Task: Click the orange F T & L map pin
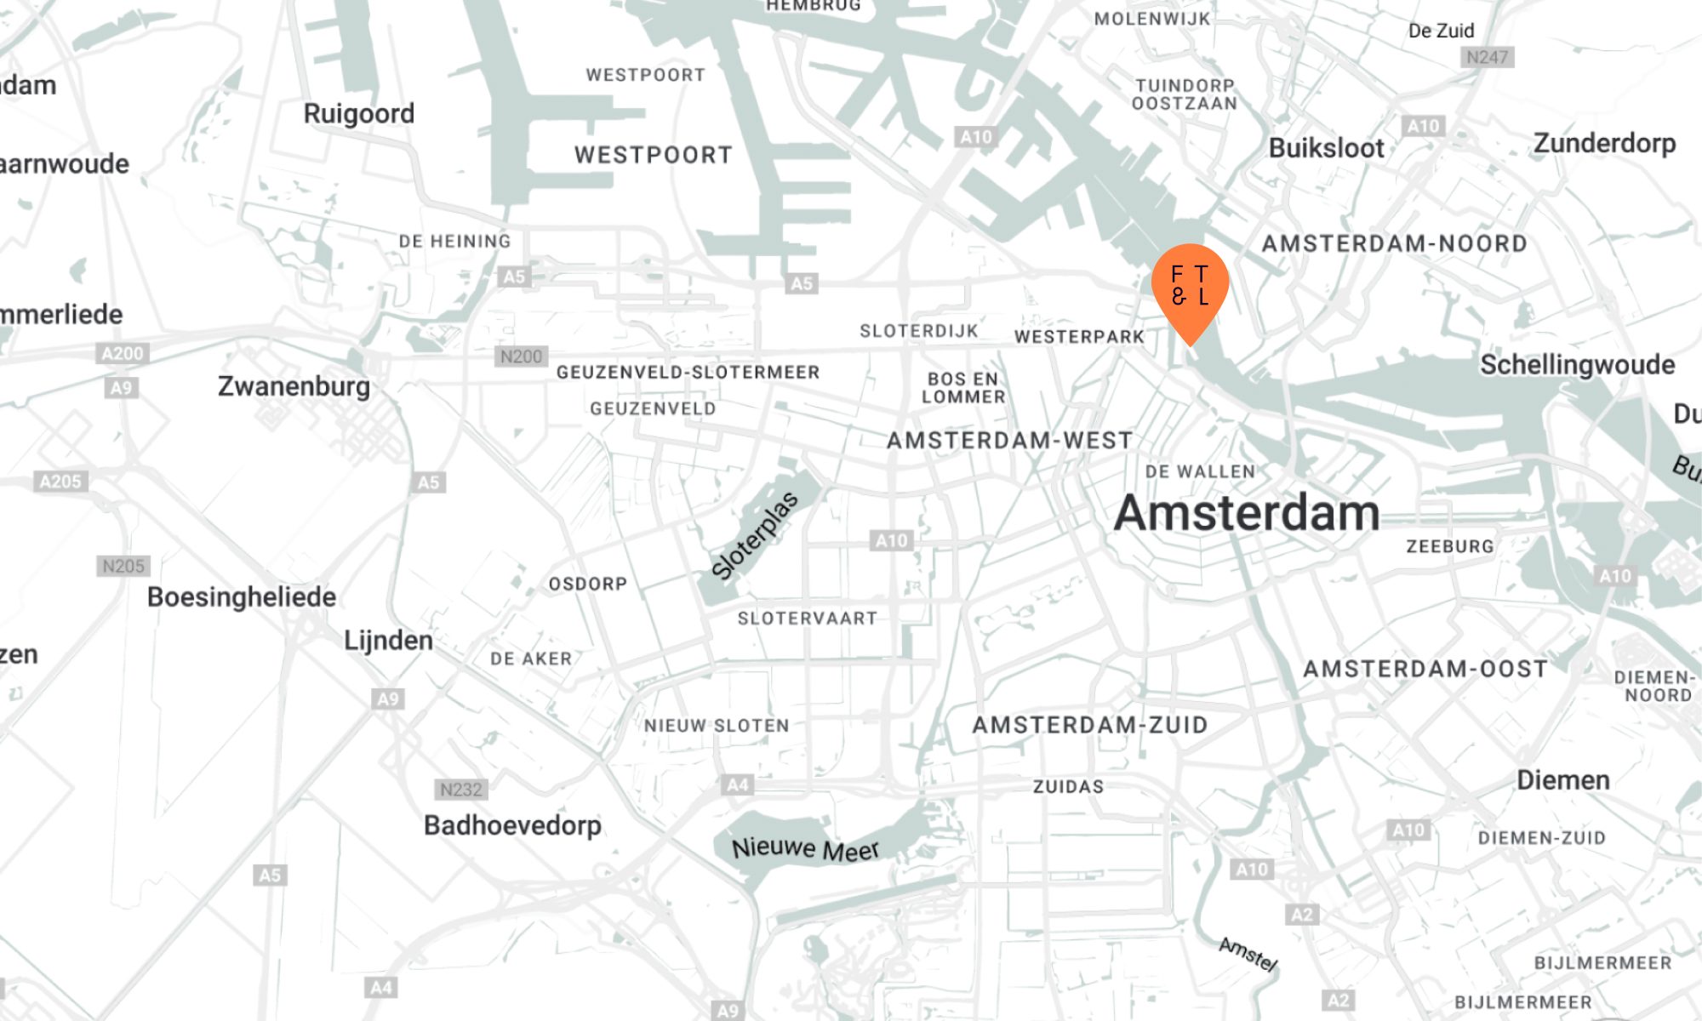(x=1190, y=287)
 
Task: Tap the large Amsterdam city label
(x=1246, y=513)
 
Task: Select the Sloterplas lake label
(x=755, y=536)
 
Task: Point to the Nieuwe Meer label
(x=805, y=848)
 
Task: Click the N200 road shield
(x=521, y=356)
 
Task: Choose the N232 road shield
(x=460, y=790)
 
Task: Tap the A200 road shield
(x=123, y=353)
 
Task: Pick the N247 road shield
(x=1487, y=57)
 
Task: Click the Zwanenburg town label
(x=294, y=386)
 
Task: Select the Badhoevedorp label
(x=512, y=825)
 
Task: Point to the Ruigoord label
(x=358, y=113)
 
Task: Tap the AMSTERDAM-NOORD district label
(x=1394, y=244)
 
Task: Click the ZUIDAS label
(x=1068, y=787)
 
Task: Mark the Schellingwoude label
(x=1577, y=365)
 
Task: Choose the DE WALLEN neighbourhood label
(x=1200, y=471)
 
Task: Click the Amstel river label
(x=1248, y=954)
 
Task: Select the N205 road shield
(x=123, y=566)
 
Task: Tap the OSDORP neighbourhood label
(x=587, y=585)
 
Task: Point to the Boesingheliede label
(x=242, y=597)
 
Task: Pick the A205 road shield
(x=61, y=482)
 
